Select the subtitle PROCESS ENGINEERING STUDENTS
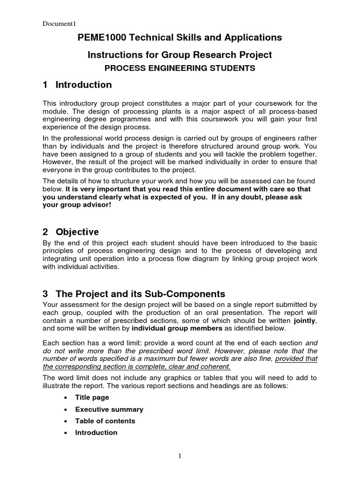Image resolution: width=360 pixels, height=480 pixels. [180, 68]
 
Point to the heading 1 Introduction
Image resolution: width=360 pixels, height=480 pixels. [77, 85]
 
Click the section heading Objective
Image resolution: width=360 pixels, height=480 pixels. [77, 232]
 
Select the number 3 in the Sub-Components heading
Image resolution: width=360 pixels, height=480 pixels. [45, 294]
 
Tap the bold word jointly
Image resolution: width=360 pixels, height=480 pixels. [305, 321]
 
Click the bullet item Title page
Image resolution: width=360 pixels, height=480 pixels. [92, 397]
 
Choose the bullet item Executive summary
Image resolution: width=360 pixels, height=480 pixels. [109, 409]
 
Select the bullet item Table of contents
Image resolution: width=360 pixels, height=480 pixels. [105, 421]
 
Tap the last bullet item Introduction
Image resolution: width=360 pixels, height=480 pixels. [96, 433]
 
